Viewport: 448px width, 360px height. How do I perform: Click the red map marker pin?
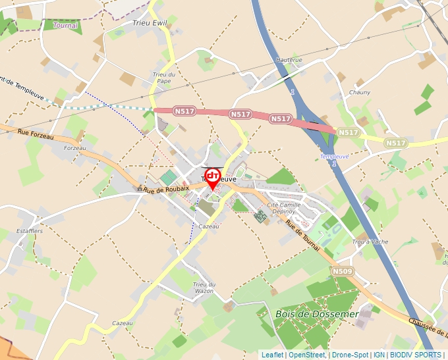pos(213,178)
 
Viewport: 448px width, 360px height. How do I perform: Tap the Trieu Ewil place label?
pos(150,23)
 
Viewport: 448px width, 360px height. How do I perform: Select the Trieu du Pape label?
pos(163,78)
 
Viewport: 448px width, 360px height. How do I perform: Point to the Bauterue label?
pos(289,60)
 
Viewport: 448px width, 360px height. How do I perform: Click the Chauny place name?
pos(360,92)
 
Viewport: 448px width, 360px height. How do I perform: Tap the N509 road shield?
pos(342,271)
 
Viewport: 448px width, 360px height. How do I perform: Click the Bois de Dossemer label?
pos(317,314)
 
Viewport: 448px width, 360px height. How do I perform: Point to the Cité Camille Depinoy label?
pos(284,208)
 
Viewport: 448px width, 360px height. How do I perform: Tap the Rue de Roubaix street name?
pos(167,189)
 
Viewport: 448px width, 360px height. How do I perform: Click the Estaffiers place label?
pos(30,231)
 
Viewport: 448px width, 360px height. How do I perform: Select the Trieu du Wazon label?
pos(204,287)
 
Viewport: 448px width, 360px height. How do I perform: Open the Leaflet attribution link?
pos(272,355)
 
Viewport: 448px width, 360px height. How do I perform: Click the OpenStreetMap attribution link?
pos(306,355)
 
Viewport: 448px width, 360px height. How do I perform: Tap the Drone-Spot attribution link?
pos(350,355)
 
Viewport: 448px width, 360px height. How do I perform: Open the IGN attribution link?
pos(379,355)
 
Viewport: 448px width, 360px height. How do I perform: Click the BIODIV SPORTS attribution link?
pos(416,355)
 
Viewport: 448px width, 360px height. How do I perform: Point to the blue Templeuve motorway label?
pos(334,157)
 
